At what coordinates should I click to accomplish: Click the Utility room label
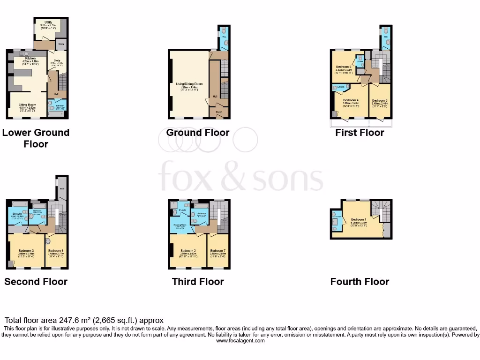(x=49, y=22)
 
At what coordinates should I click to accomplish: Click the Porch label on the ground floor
(x=218, y=112)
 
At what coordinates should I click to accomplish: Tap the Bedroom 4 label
(x=351, y=100)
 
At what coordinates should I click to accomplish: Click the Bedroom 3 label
(x=26, y=250)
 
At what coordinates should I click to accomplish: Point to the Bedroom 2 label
(x=188, y=250)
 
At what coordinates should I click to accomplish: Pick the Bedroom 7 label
(x=218, y=250)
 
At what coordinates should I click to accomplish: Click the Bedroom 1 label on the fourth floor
(x=359, y=219)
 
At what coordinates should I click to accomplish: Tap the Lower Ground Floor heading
(x=36, y=138)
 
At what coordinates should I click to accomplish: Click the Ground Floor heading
(x=198, y=133)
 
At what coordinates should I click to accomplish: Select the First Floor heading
(x=360, y=133)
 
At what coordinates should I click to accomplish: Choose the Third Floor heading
(x=198, y=282)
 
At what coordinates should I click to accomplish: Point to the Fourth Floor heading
(x=360, y=282)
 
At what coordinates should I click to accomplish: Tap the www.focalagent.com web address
(x=240, y=341)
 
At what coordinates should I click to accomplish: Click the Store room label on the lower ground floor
(x=61, y=45)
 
